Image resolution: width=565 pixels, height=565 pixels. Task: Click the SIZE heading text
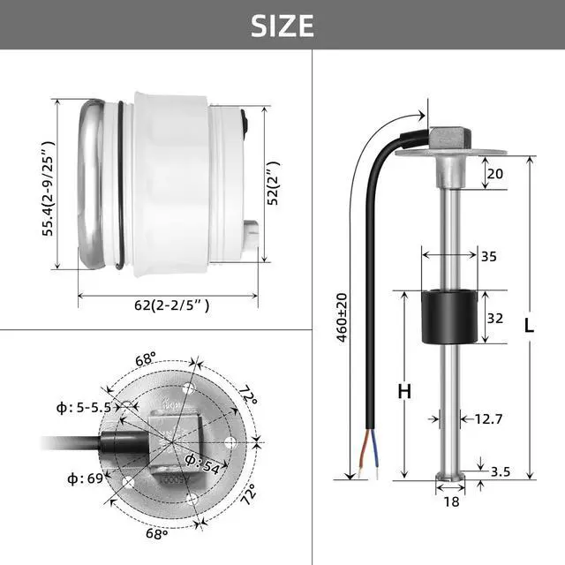pyautogui.click(x=282, y=25)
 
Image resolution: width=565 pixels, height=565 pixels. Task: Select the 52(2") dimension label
pyautogui.click(x=274, y=184)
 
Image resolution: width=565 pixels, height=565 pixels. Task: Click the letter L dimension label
pyautogui.click(x=528, y=325)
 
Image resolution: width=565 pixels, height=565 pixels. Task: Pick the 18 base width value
pyautogui.click(x=451, y=501)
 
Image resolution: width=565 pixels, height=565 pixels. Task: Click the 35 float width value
pyautogui.click(x=488, y=257)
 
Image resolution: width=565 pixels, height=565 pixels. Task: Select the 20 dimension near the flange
pyautogui.click(x=494, y=175)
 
